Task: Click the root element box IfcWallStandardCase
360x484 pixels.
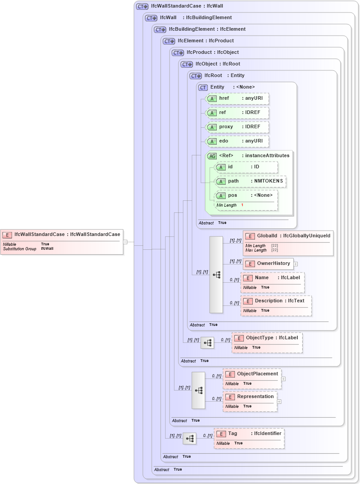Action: pos(61,241)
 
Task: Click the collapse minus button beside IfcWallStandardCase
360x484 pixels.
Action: pos(125,242)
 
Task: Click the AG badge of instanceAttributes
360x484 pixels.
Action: pos(213,156)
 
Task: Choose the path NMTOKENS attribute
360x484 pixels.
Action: pos(251,181)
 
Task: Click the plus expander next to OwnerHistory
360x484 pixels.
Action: pos(295,264)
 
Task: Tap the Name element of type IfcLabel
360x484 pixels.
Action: pos(272,282)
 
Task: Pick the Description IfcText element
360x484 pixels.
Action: pos(276,305)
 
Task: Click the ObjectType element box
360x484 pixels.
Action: pos(267,342)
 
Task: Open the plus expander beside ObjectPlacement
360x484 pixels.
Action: pos(283,379)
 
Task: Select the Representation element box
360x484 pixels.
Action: pos(250,401)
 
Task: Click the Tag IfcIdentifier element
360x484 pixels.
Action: pos(249,438)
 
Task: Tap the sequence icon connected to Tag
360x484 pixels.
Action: pos(190,439)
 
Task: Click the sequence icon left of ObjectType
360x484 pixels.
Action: pos(207,343)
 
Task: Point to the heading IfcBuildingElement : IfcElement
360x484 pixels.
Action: pos(207,29)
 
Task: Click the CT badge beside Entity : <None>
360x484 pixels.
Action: pos(203,87)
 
